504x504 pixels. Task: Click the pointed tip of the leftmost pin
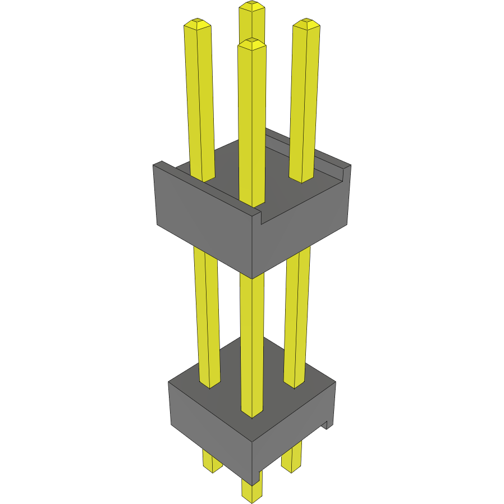pyautogui.click(x=197, y=24)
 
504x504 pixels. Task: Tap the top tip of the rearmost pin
pyautogui.click(x=252, y=7)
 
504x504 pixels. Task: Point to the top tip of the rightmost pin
pyautogui.click(x=306, y=24)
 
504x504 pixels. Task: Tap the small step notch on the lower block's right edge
pyautogui.click(x=324, y=425)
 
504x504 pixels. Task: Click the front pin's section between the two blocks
pyautogui.click(x=252, y=309)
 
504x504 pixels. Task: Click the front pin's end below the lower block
pyautogui.click(x=251, y=491)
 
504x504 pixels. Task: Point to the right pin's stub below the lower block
pyautogui.click(x=291, y=459)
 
